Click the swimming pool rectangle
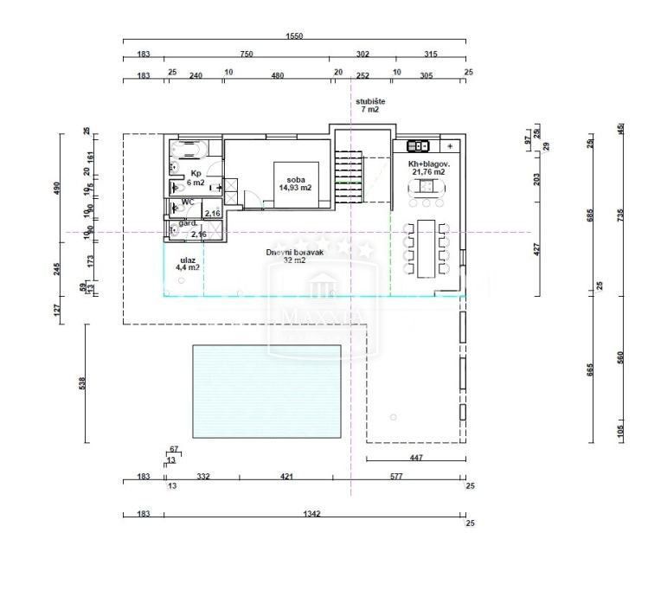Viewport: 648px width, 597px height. (266, 391)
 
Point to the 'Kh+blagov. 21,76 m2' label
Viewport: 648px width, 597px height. (427, 167)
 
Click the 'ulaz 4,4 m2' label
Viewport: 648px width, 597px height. (188, 263)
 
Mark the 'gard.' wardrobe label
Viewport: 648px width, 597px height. (188, 223)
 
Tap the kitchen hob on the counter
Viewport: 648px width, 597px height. (420, 146)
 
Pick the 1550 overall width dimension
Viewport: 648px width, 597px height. (294, 37)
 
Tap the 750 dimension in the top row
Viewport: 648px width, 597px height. (247, 54)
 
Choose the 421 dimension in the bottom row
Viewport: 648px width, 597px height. (287, 477)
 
